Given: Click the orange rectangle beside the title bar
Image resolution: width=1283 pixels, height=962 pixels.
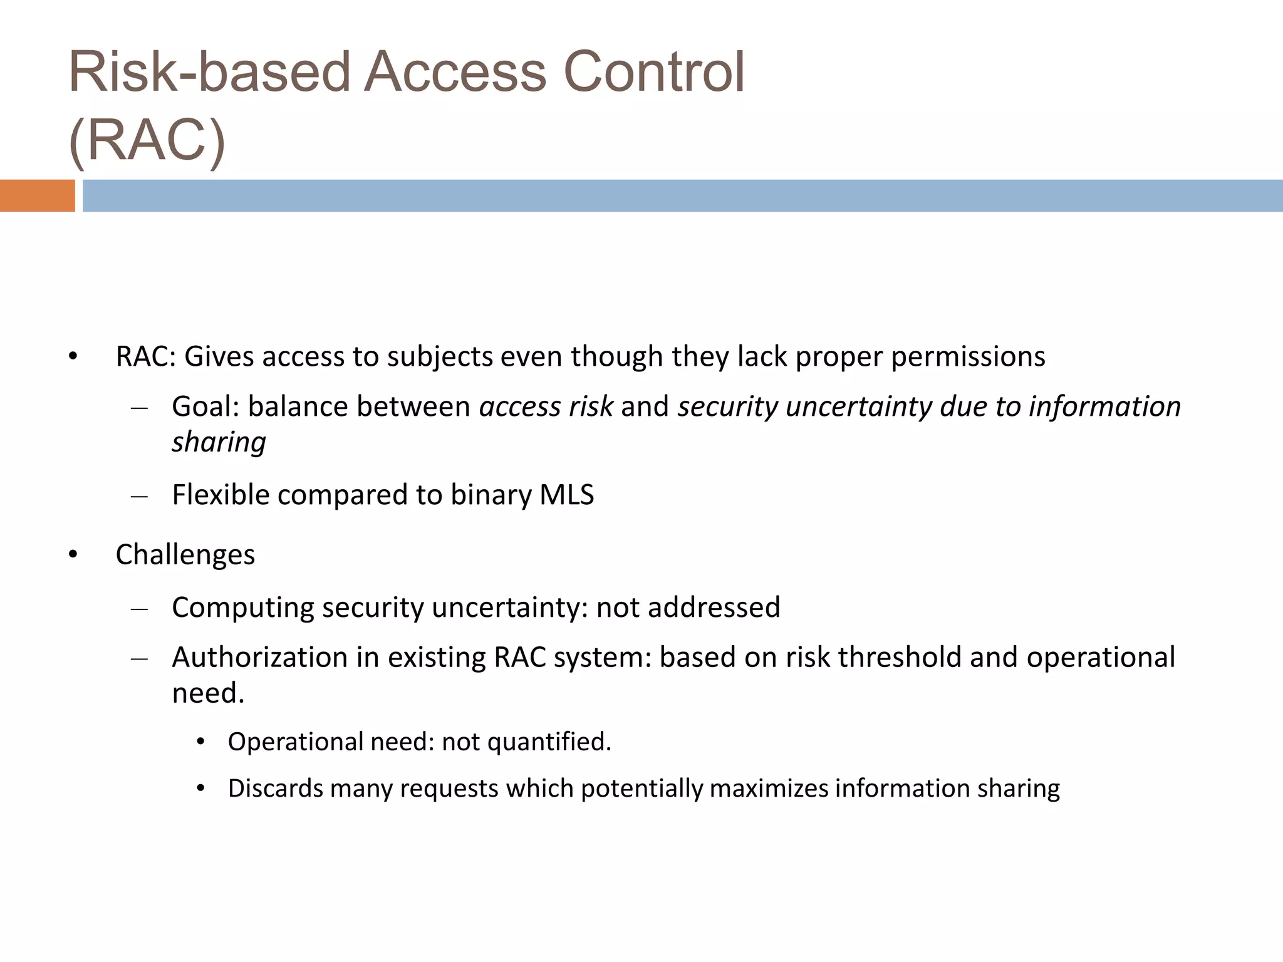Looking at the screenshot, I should coord(37,195).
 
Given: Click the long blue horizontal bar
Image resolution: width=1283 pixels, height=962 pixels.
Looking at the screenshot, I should coord(682,195).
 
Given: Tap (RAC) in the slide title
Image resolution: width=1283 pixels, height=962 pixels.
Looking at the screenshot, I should coord(147,140).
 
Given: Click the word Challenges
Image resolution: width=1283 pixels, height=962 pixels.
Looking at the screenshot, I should coord(185,555).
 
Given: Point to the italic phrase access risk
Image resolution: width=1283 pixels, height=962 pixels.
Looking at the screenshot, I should coord(546,406).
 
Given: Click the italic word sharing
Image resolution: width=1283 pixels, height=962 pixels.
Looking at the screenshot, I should coord(219,442).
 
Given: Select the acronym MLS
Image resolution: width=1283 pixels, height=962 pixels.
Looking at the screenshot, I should coord(566,495).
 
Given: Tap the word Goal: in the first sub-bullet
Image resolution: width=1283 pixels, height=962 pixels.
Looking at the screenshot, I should coord(205,406).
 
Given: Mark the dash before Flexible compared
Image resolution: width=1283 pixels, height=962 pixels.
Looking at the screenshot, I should coord(139,497).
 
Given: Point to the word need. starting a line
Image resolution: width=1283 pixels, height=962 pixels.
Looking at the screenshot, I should coord(208,693).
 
